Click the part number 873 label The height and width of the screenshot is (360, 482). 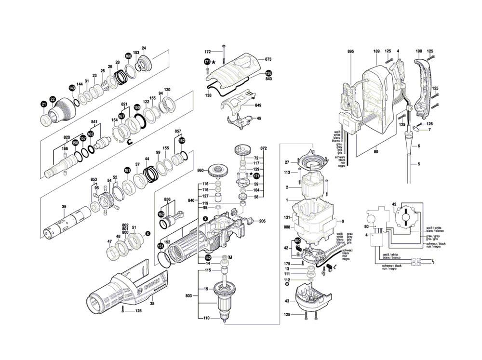click(268, 59)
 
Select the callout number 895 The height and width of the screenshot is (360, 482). click(350, 51)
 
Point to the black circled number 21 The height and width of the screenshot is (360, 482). click(44, 104)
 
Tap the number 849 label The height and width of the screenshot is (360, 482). click(258, 105)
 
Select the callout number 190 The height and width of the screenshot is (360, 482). click(419, 51)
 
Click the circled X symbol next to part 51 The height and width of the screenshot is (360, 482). click(147, 233)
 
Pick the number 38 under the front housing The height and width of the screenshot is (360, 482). click(152, 304)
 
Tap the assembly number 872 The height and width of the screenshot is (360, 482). click(263, 147)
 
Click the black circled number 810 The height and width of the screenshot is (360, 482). click(297, 241)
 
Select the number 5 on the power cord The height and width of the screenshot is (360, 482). click(419, 164)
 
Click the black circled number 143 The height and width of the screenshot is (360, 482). click(72, 88)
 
